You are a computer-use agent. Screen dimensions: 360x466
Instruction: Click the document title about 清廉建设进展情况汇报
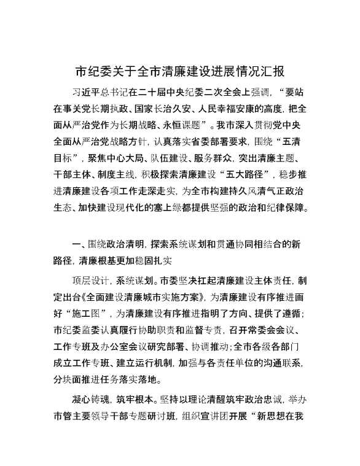pyautogui.click(x=179, y=71)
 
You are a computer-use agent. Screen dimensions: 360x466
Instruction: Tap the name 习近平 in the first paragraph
pyautogui.click(x=86, y=93)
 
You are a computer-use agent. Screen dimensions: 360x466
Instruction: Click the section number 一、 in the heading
pyautogui.click(x=78, y=244)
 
